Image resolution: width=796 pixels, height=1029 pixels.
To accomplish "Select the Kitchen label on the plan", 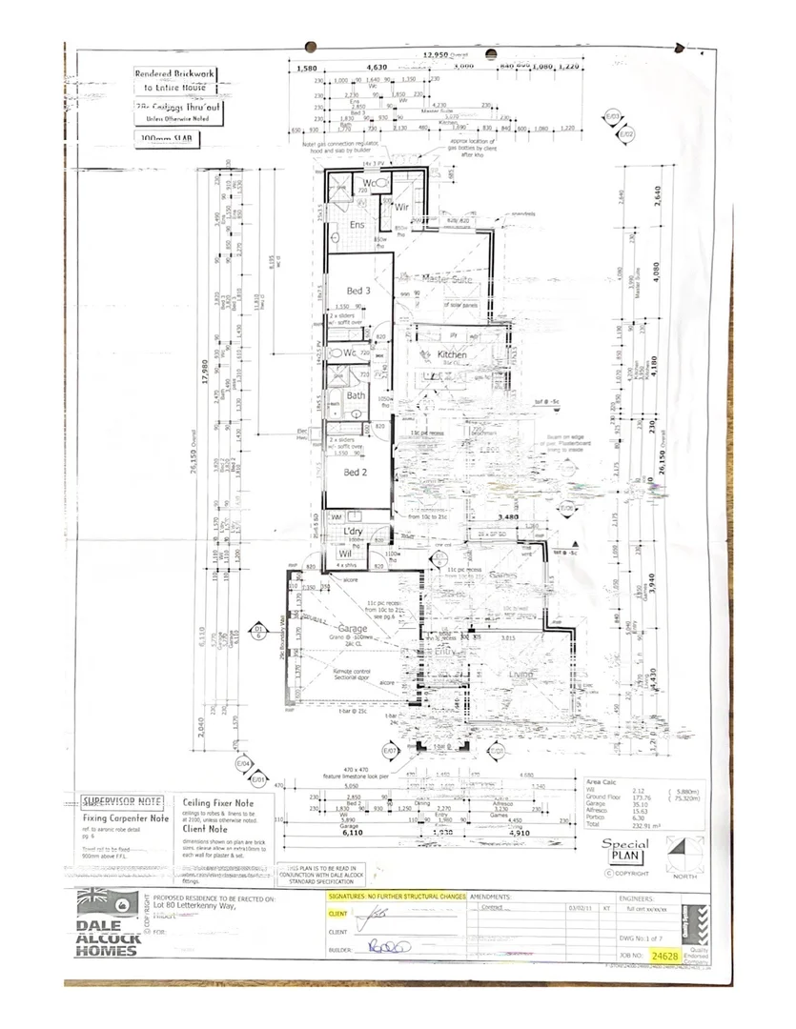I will [452, 354].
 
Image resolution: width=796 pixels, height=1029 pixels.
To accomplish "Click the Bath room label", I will [356, 394].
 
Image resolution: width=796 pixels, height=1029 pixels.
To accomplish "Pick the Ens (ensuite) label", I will [357, 225].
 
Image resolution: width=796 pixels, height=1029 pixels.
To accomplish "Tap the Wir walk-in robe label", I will [401, 206].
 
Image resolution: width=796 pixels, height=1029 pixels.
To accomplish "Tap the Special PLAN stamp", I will [625, 850].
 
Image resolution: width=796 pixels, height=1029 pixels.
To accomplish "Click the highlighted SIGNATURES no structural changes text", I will [397, 898].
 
